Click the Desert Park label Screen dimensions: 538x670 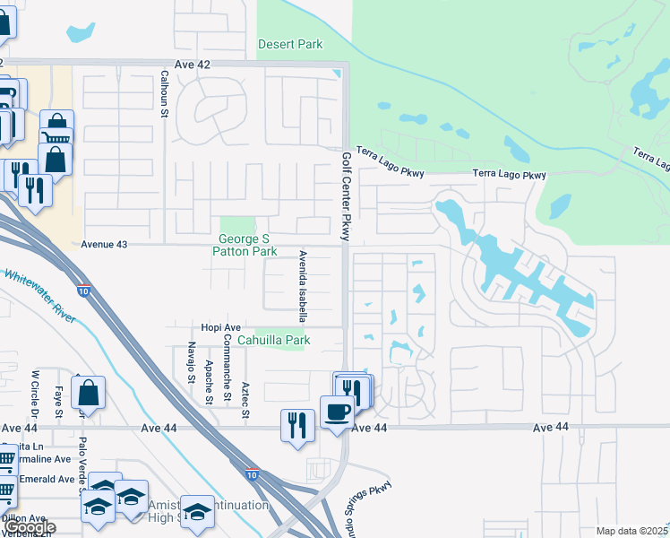(x=289, y=44)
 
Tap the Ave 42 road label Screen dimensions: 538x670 (x=194, y=65)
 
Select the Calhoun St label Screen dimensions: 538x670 (x=165, y=94)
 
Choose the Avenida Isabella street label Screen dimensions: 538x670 (x=302, y=286)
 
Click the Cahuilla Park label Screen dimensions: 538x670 (x=273, y=341)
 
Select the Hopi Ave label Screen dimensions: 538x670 (x=221, y=328)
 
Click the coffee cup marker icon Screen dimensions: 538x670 (x=337, y=412)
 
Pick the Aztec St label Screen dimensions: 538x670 (x=245, y=399)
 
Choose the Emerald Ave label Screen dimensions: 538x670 (x=45, y=479)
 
